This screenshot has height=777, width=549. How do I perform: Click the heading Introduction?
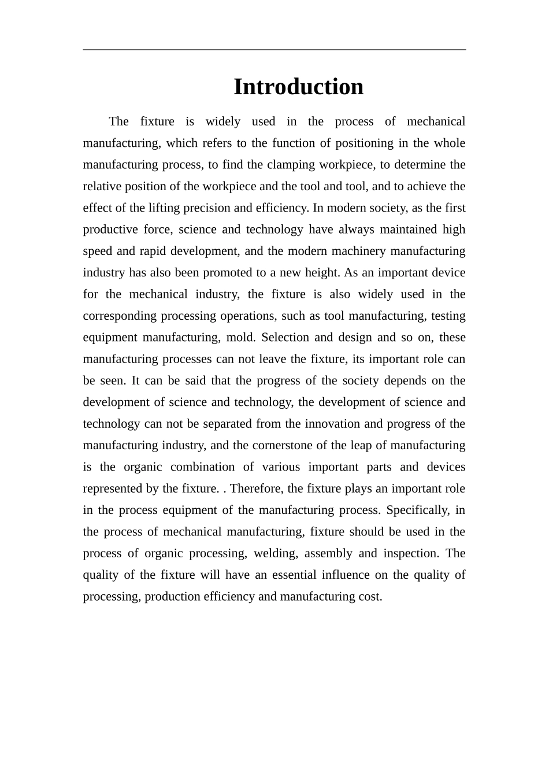click(x=298, y=87)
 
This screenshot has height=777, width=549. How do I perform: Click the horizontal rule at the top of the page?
click(x=274, y=50)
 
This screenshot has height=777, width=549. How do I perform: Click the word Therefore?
click(x=257, y=489)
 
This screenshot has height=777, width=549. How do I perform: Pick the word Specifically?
click(x=417, y=510)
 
